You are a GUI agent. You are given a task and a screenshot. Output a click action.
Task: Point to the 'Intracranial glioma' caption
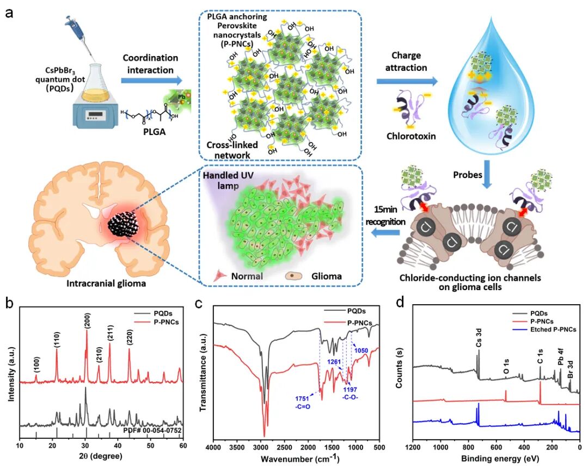pos(102,283)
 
